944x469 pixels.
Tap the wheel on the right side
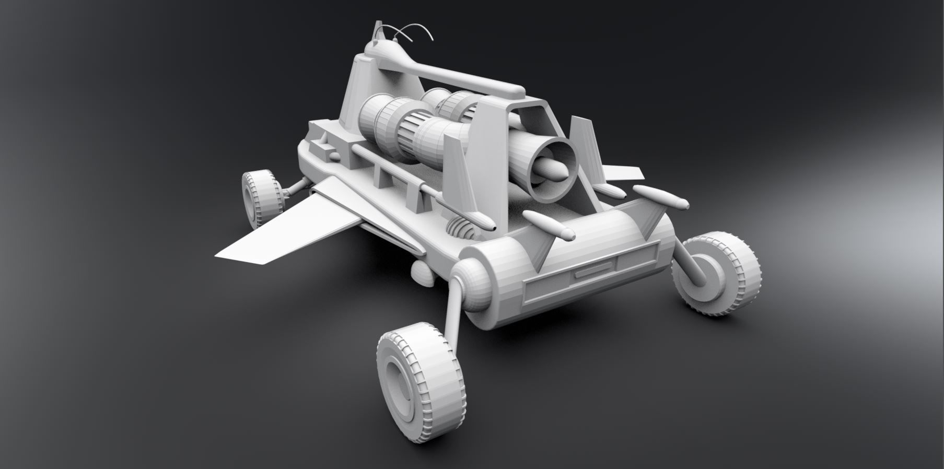(721, 275)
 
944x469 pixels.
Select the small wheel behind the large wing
(260, 198)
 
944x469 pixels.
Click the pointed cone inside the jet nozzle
(551, 168)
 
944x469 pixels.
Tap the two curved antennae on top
(413, 31)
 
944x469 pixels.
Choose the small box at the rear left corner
(328, 153)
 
